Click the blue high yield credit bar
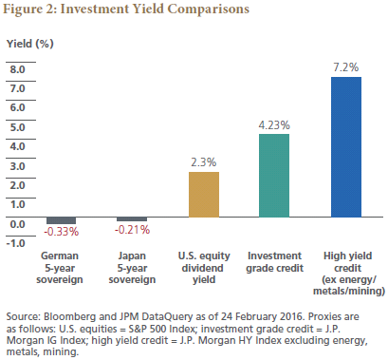pos(346,147)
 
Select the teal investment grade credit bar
pos(274,176)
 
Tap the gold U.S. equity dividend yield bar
pos(204,195)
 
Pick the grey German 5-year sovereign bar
pos(61,220)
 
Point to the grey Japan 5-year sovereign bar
pos(132,219)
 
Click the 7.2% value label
pos(346,67)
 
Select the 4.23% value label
pos(274,125)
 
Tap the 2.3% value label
pos(204,162)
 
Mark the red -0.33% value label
pos(62,232)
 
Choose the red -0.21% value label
pos(132,230)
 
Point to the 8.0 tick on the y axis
pos(17,69)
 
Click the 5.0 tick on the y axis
pos(17,127)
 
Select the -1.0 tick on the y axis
pos(16,243)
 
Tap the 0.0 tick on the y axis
pos(17,224)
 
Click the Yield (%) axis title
pos(30,44)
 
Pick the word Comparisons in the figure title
pos(209,9)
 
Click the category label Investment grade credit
pos(275,262)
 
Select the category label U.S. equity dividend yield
pos(204,268)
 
